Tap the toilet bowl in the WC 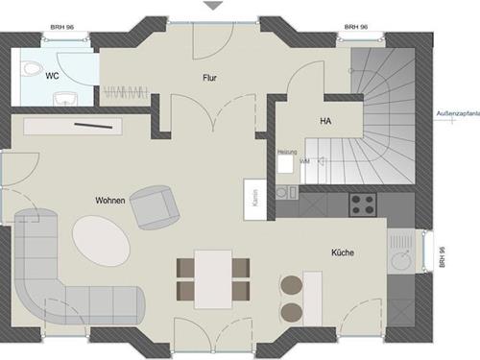click(x=31, y=69)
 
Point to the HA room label click(x=324, y=121)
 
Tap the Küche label click(x=342, y=252)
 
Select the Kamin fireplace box click(x=253, y=199)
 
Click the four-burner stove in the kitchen click(x=363, y=204)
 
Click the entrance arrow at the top click(x=213, y=6)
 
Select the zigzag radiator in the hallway click(x=126, y=93)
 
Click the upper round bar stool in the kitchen click(x=290, y=284)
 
